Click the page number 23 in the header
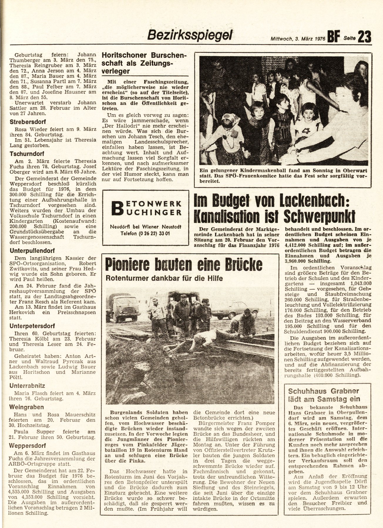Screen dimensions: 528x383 click(364, 37)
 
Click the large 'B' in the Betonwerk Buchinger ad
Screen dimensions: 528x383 click(117, 208)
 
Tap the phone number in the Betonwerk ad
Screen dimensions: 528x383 click(146, 234)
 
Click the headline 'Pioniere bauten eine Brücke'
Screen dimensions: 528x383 click(184, 264)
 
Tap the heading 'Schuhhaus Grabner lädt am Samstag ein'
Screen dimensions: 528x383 click(324, 395)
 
